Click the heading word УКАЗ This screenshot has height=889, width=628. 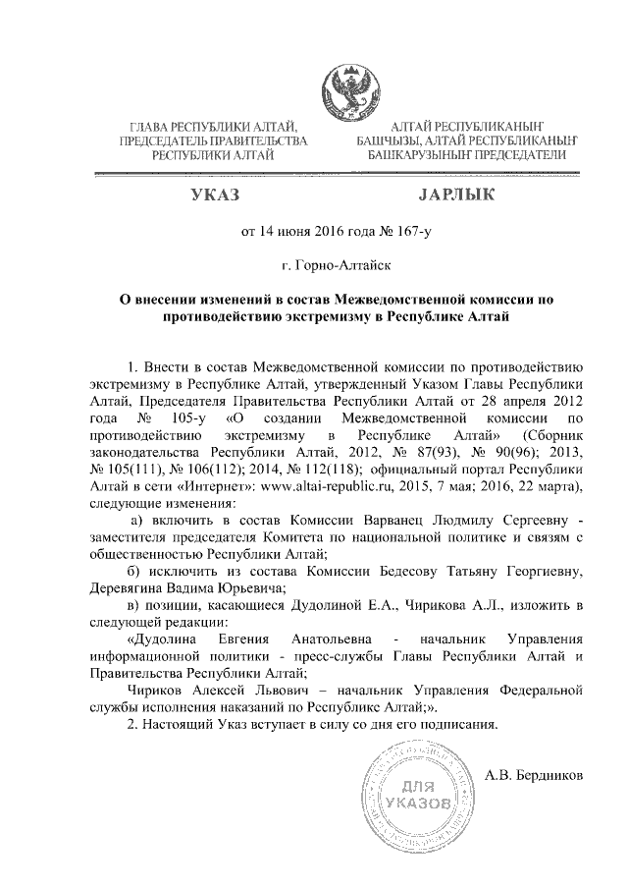[x=217, y=195]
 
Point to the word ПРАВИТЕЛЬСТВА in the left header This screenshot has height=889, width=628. [x=250, y=141]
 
